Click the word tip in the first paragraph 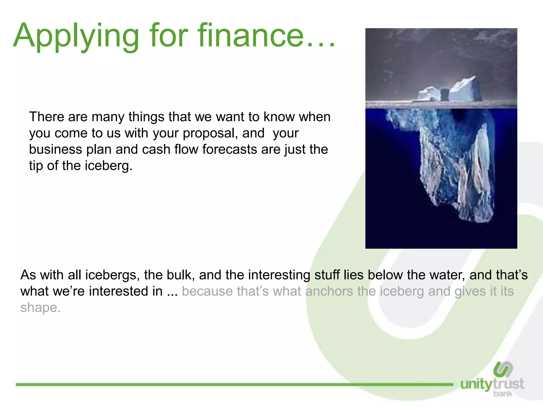tap(36, 166)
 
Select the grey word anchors tap(329, 291)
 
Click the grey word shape tap(40, 308)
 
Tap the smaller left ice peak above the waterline tap(428, 93)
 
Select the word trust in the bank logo tap(509, 384)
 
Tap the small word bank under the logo tap(503, 394)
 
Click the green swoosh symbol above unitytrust tap(503, 369)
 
